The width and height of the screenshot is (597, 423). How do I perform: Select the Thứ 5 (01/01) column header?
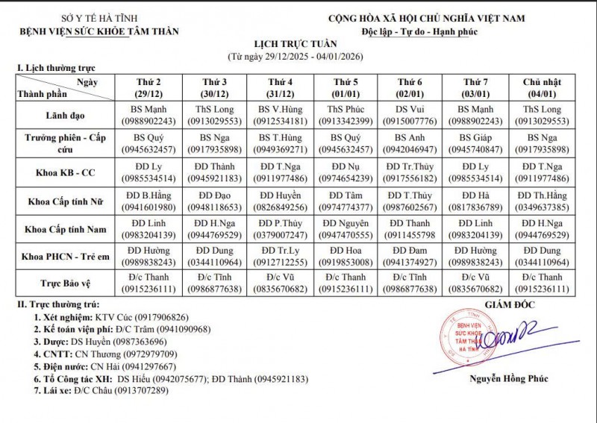click(x=345, y=87)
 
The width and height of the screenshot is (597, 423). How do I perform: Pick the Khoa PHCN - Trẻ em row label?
click(x=66, y=256)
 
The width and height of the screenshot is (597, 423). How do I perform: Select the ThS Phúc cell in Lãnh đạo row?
click(x=345, y=114)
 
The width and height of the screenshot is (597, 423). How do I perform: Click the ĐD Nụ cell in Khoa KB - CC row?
click(x=345, y=171)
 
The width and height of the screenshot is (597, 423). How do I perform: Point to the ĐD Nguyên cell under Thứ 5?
click(x=345, y=228)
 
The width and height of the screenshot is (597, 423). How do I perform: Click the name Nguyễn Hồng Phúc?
click(x=508, y=379)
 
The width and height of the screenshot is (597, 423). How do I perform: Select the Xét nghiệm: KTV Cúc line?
click(x=111, y=317)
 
